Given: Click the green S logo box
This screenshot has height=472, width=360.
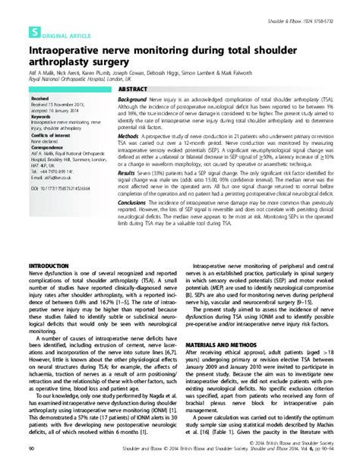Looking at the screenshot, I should pos(33,33).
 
